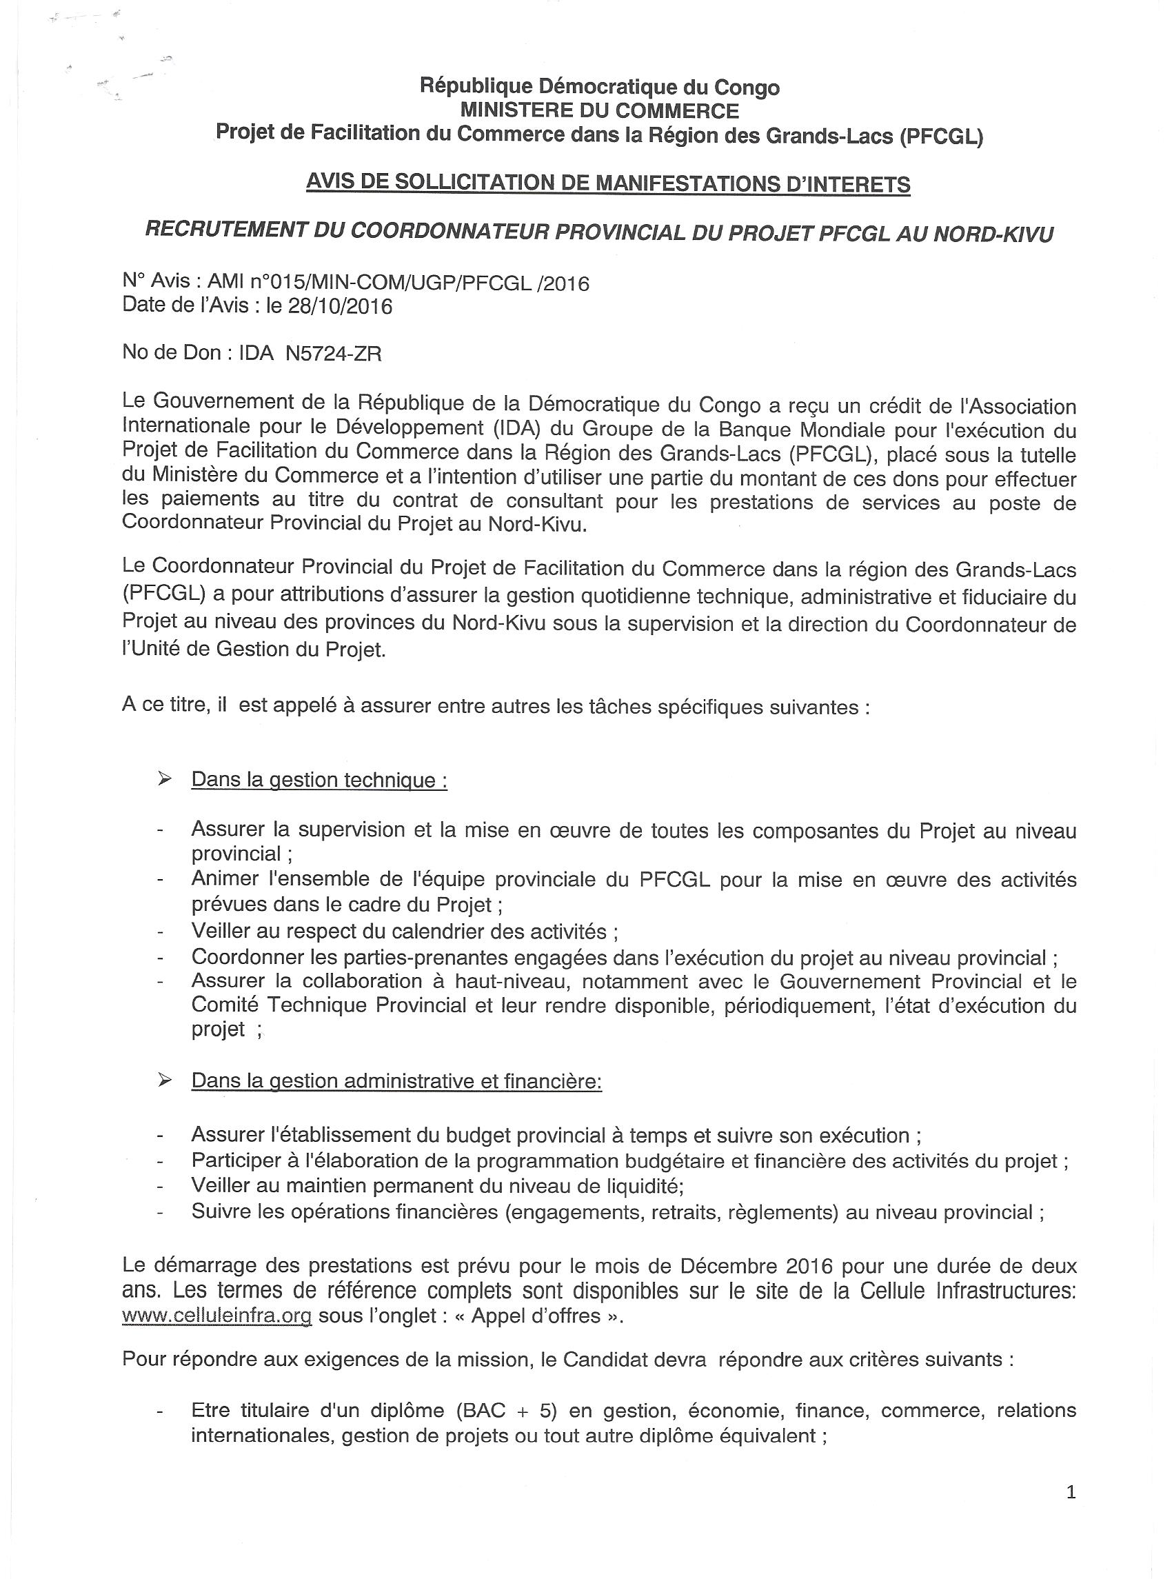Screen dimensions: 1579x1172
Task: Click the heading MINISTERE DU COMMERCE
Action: pyautogui.click(x=600, y=110)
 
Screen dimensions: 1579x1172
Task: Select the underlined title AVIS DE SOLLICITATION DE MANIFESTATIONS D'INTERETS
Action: pyautogui.click(x=608, y=183)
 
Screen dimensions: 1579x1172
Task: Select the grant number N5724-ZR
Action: pyautogui.click(x=334, y=353)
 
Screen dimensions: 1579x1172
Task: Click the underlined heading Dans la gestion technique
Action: pyautogui.click(x=319, y=781)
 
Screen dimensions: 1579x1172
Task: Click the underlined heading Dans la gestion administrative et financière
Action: pyautogui.click(x=396, y=1081)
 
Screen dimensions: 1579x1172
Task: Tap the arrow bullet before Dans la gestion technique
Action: pyautogui.click(x=165, y=780)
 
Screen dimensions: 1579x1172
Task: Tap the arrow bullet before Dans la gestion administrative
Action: pyautogui.click(x=165, y=1080)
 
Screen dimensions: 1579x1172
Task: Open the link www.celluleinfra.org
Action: pyautogui.click(x=217, y=1316)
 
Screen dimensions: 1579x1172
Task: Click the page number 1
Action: pyautogui.click(x=1071, y=1492)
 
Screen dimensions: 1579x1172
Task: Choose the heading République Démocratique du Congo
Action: pyautogui.click(x=600, y=88)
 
